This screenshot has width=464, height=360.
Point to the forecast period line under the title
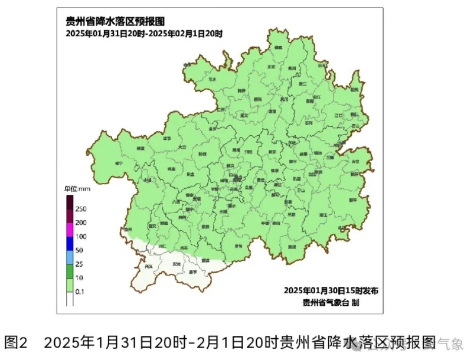click(144, 34)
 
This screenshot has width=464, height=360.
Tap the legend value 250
click(80, 209)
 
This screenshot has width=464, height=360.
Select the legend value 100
click(80, 237)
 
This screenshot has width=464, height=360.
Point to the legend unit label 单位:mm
click(76, 189)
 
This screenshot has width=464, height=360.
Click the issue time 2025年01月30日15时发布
click(331, 290)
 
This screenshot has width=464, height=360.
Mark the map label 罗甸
click(238, 246)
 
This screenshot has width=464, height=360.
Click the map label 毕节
click(166, 139)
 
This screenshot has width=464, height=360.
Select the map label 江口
click(338, 115)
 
